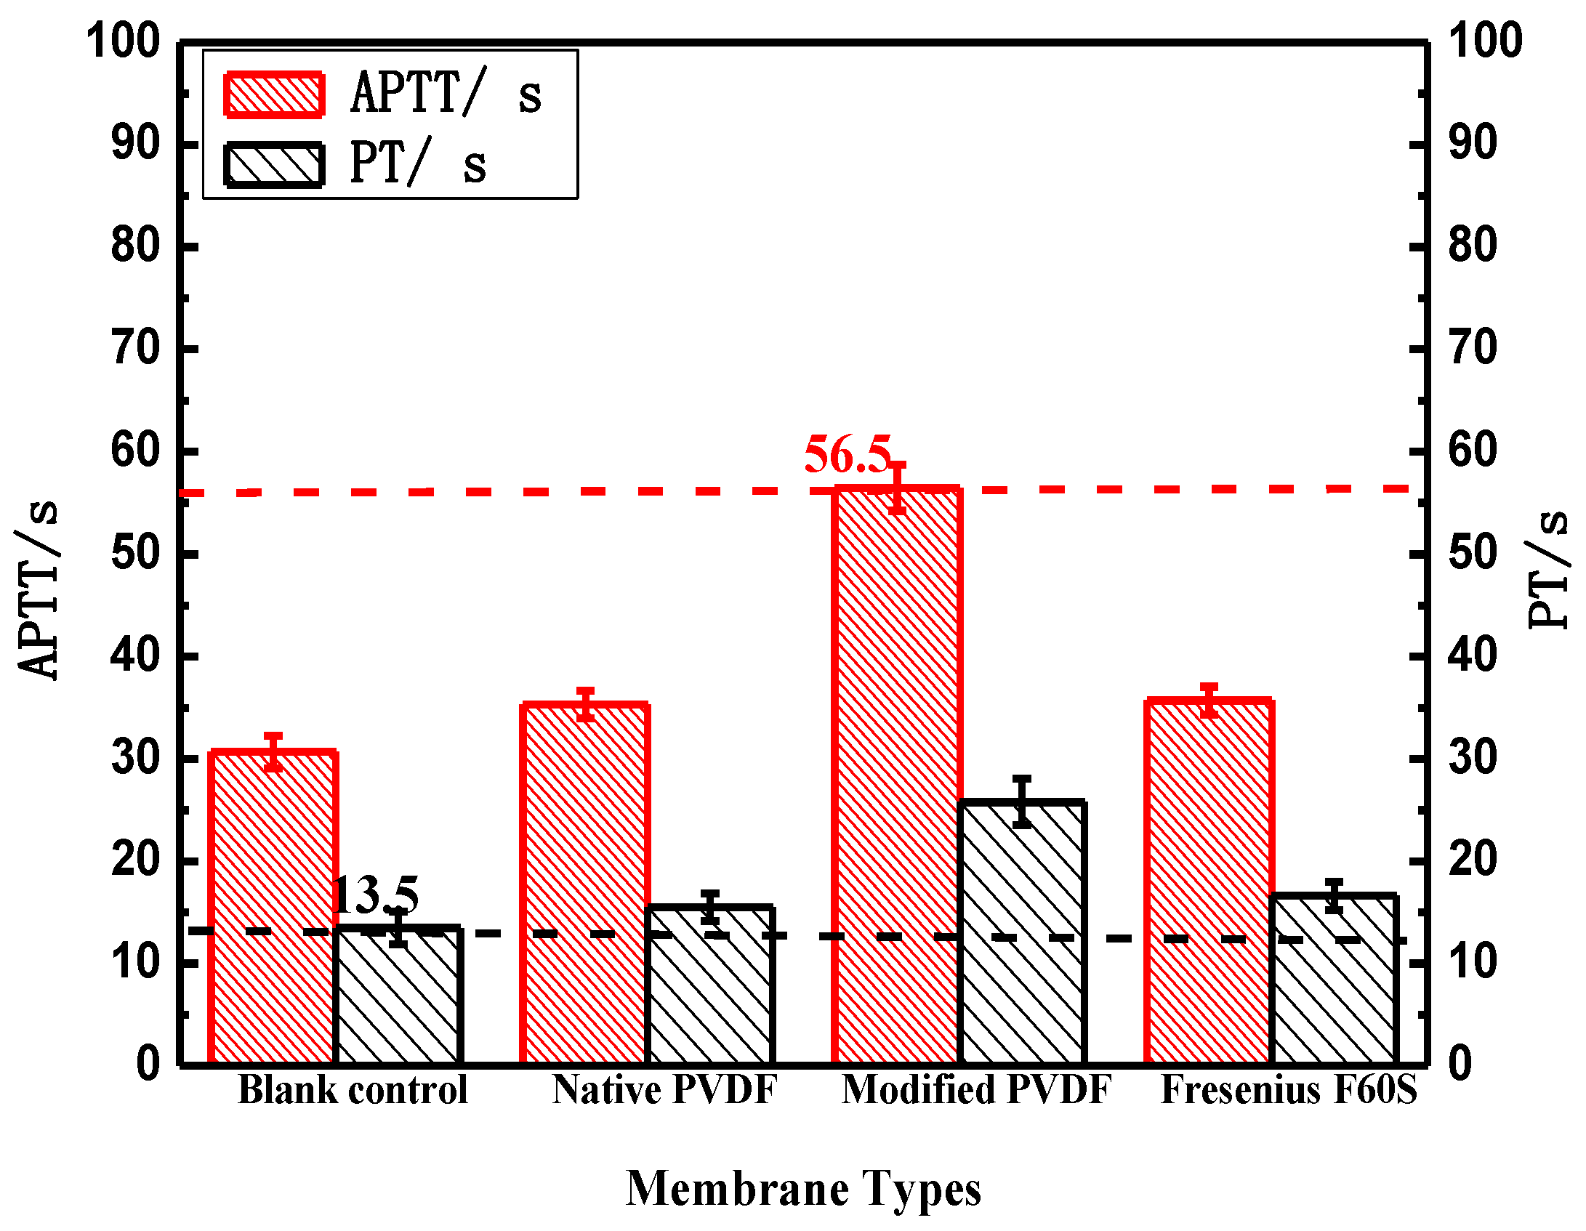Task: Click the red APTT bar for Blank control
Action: click(x=273, y=908)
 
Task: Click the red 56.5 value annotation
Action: click(x=848, y=455)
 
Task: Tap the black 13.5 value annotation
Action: click(x=375, y=895)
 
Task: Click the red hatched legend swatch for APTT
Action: click(x=274, y=94)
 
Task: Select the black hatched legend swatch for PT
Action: click(x=274, y=165)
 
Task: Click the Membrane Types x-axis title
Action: click(x=803, y=1190)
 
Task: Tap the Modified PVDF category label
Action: click(x=976, y=1090)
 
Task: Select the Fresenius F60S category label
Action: click(x=1289, y=1090)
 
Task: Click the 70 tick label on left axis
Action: click(x=134, y=349)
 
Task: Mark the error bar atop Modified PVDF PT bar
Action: click(x=1022, y=802)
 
